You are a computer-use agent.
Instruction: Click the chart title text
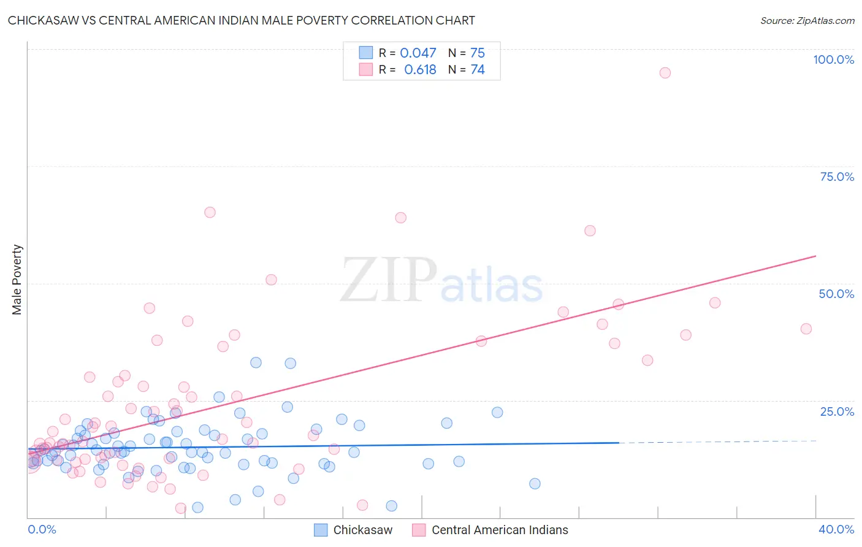tap(241, 20)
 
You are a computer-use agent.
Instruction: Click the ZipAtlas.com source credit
tap(807, 20)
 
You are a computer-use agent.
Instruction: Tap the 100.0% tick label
tap(833, 59)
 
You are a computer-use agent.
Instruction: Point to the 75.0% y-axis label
tap(837, 177)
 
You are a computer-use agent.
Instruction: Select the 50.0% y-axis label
tap(836, 294)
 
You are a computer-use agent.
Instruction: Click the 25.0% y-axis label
tap(837, 411)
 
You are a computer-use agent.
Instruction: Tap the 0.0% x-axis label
tap(42, 529)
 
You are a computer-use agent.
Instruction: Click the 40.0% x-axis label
tap(836, 529)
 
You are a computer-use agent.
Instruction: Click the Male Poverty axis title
tap(17, 280)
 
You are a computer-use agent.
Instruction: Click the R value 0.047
tap(418, 53)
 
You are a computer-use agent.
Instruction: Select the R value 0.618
tap(420, 70)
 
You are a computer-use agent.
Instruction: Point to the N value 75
tap(477, 53)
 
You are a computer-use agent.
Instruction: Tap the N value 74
tap(477, 70)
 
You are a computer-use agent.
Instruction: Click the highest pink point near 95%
tap(665, 72)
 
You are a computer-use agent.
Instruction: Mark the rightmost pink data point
tap(806, 329)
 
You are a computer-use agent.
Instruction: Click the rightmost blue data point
tap(535, 483)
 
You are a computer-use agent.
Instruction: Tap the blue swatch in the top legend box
tap(366, 53)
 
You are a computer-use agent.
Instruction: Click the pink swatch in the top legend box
tap(366, 70)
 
